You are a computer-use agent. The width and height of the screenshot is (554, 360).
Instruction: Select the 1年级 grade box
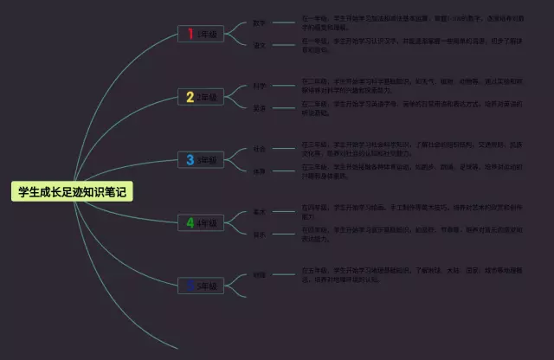[201, 34]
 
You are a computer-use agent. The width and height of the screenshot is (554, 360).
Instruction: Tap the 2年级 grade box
[201, 97]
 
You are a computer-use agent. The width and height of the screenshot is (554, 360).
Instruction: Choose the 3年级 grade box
[201, 159]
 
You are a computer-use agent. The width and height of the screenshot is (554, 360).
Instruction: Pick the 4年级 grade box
[201, 223]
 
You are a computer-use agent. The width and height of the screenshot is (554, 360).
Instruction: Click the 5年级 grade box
[201, 285]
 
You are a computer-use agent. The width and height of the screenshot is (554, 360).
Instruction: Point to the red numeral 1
[190, 34]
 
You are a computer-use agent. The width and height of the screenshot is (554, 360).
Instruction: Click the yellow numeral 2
[190, 97]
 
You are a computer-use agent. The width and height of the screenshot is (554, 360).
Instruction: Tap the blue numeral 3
[190, 159]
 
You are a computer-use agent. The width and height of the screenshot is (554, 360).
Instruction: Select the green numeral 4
[190, 223]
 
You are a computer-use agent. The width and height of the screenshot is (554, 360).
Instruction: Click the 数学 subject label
[259, 22]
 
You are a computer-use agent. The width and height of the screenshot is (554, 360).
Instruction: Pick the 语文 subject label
[259, 45]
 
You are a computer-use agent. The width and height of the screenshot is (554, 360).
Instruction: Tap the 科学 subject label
[259, 86]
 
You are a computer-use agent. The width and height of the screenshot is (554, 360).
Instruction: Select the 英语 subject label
[259, 108]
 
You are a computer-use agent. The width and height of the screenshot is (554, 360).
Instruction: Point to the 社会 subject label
[259, 149]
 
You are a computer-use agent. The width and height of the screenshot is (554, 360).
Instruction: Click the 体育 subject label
[259, 171]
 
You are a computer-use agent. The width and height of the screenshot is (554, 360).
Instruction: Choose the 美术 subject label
[259, 211]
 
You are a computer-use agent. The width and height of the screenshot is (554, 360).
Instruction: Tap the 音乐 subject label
[259, 235]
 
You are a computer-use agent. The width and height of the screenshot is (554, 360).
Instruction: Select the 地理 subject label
[259, 274]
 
